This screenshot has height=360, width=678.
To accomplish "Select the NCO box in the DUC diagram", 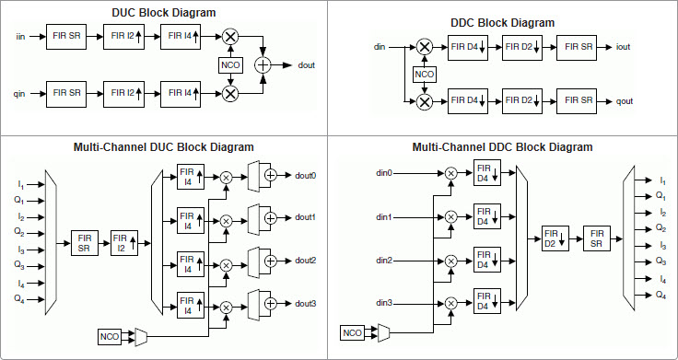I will tap(229, 64).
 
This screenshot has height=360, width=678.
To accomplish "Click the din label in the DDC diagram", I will tap(380, 45).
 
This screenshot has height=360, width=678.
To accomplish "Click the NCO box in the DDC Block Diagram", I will tap(425, 74).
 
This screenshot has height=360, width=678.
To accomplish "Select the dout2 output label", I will tap(305, 261).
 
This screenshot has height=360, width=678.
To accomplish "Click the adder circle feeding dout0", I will tap(270, 175).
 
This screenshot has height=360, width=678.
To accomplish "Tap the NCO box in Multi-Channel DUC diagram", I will tap(110, 338).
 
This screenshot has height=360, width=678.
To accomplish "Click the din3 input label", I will tap(385, 302).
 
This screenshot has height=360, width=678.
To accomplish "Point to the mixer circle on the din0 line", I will tap(450, 173).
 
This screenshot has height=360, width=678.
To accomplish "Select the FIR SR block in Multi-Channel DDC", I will tap(597, 238).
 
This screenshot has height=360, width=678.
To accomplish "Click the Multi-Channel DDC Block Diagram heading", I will tap(502, 146).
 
